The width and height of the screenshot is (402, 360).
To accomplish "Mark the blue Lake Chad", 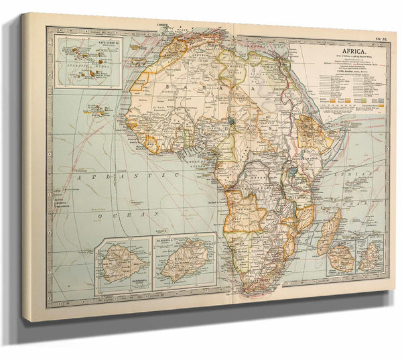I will click(x=230, y=123).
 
